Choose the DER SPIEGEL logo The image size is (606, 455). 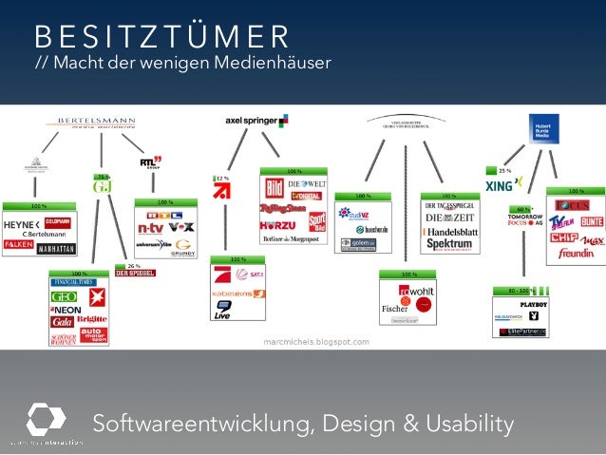coord(135,274)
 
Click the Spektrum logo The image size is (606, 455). coord(451,244)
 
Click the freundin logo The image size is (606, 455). coord(576,253)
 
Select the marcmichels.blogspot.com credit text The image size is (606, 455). coord(316,340)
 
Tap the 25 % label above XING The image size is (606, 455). coord(504,169)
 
